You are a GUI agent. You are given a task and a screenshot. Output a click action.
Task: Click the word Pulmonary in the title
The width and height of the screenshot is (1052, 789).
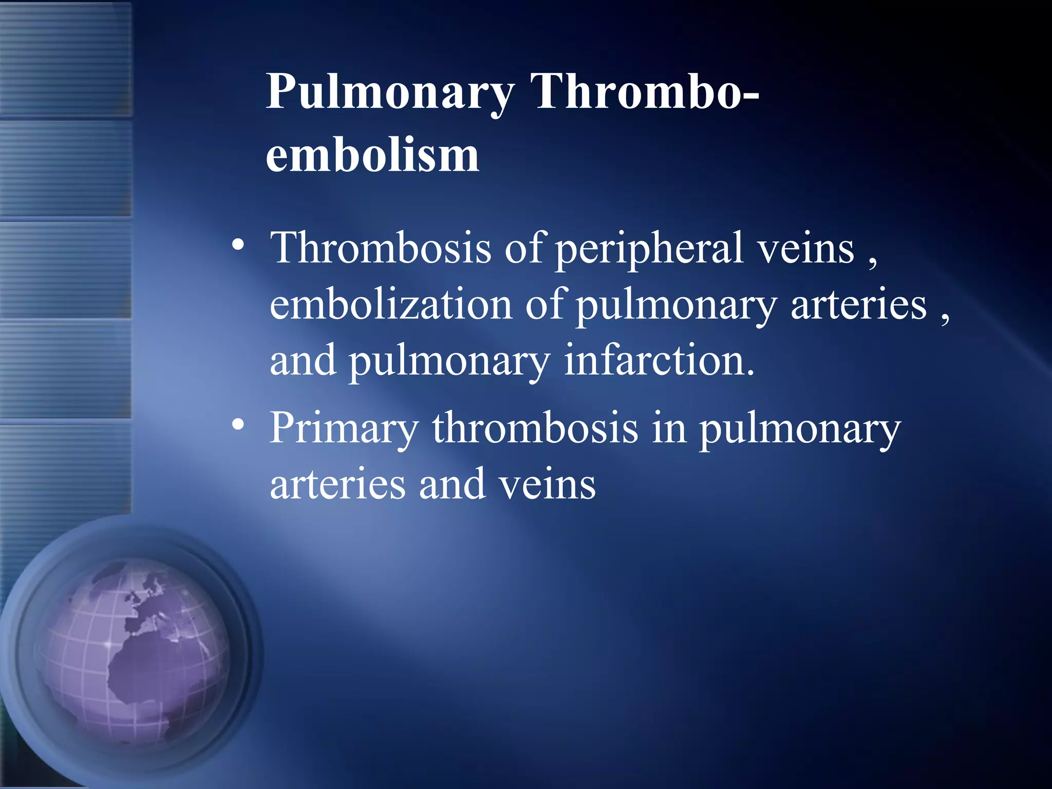[x=390, y=92]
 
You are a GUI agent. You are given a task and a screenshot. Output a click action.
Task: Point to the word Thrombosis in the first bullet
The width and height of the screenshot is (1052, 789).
[x=381, y=248]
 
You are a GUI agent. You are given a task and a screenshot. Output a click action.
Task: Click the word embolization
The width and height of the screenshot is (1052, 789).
[x=391, y=304]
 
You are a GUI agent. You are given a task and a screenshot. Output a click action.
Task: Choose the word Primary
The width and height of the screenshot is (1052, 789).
[x=344, y=429]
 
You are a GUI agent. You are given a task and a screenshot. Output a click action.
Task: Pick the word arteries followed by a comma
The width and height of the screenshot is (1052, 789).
[x=858, y=304]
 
